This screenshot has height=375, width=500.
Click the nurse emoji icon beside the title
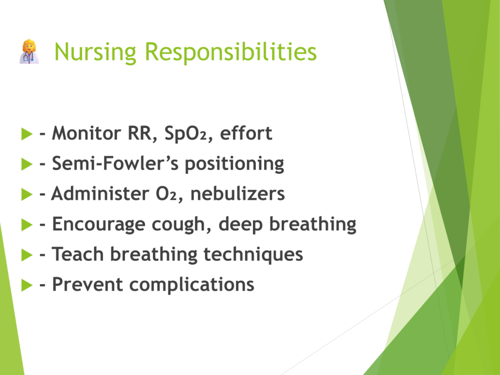pos(29,52)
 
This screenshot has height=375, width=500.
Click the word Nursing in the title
pos(95,52)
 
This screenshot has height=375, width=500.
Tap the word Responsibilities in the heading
pos(230,51)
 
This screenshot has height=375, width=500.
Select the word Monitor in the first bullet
pos(86,133)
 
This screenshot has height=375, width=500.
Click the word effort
pos(246,133)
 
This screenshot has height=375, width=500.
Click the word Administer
pos(100,193)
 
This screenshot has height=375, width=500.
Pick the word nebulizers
pos(237,193)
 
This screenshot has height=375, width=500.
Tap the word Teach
pos(78,254)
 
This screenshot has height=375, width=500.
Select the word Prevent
pos(87,284)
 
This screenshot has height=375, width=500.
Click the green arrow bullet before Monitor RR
pos(27,134)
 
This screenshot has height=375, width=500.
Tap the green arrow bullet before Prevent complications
pos(27,285)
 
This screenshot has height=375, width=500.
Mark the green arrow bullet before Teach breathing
pos(27,255)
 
